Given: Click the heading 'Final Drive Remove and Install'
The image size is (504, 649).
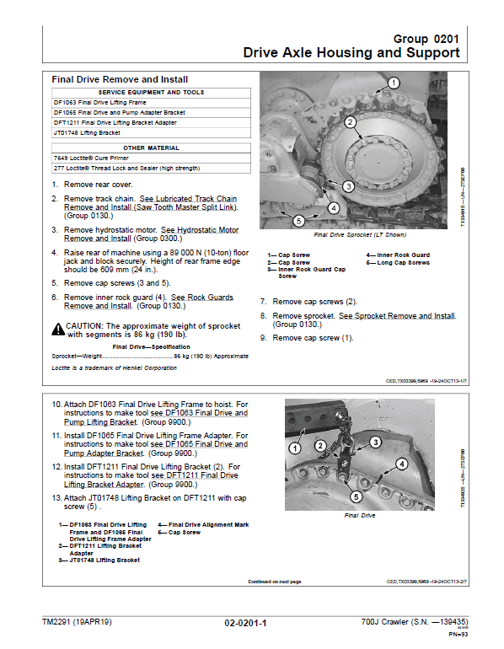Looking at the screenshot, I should pyautogui.click(x=120, y=79).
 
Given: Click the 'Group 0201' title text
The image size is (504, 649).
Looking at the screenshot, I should pyautogui.click(x=426, y=39).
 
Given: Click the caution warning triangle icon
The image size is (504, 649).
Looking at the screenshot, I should pyautogui.click(x=58, y=325).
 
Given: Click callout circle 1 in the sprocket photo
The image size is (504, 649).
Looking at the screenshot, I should pyautogui.click(x=392, y=83).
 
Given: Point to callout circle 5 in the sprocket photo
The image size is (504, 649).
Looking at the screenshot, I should pyautogui.click(x=298, y=221).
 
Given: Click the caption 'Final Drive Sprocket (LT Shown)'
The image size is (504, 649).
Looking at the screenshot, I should pyautogui.click(x=359, y=235).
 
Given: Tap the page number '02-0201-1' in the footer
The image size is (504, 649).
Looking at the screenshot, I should pyautogui.click(x=245, y=623).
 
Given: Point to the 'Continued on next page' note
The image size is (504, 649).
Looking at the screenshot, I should pyautogui.click(x=275, y=581).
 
